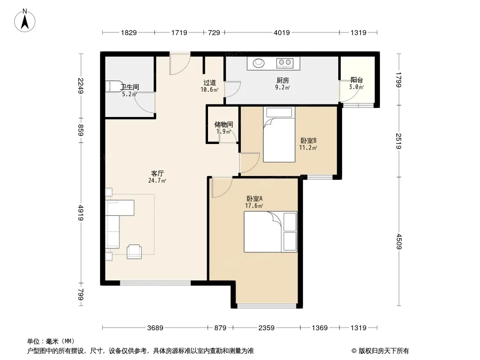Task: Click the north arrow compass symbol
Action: click(25, 21)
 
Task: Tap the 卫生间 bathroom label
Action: click(130, 87)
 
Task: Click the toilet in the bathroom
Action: click(110, 86)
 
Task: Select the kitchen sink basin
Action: click(258, 63)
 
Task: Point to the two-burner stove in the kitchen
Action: click(285, 63)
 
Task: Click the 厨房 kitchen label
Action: click(282, 81)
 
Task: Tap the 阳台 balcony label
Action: click(357, 80)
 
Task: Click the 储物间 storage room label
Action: click(224, 125)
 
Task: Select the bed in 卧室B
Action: click(279, 134)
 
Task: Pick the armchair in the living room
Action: click(134, 252)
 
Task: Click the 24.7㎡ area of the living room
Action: click(157, 181)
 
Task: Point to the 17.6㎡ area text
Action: click(254, 206)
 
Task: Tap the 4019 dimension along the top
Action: click(281, 33)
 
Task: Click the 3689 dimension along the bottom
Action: click(155, 328)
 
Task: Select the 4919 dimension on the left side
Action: click(81, 212)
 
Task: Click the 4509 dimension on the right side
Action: click(398, 241)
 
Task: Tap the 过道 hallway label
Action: click(210, 83)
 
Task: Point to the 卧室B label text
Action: click(308, 141)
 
